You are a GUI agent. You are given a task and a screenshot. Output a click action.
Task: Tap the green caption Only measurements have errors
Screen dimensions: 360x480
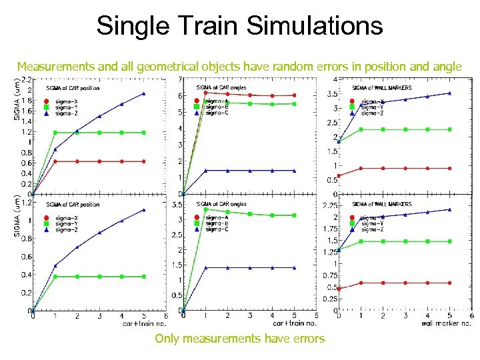point(240,339)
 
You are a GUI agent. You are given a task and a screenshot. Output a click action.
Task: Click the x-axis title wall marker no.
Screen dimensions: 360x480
point(447,324)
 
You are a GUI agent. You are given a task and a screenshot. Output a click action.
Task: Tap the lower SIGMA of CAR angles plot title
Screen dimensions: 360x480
point(221,204)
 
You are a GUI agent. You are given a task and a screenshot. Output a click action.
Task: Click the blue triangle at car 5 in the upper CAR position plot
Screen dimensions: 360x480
point(143,93)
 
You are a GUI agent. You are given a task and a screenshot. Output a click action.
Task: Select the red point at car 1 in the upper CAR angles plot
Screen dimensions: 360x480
point(205,93)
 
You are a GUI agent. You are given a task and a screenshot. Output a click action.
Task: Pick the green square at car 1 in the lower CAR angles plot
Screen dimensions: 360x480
point(205,209)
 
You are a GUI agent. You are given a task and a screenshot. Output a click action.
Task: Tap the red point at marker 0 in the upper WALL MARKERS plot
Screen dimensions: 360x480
point(339,175)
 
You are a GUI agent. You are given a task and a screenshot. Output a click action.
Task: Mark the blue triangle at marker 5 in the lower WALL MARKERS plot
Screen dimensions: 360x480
point(449,209)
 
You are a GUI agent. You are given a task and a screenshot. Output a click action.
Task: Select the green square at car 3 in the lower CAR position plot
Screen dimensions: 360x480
point(99,277)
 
